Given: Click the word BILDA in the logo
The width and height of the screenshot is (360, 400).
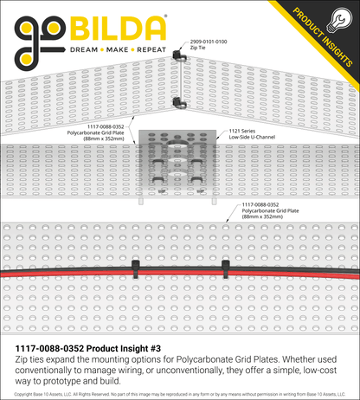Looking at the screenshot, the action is click(x=118, y=28).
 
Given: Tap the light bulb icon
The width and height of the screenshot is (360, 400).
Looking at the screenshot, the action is click(x=339, y=20).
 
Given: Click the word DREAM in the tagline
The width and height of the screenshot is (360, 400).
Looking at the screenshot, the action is click(x=84, y=50).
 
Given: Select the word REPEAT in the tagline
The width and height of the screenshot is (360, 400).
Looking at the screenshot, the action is click(x=151, y=50).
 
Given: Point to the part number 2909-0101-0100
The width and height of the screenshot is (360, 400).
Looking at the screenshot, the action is click(x=209, y=42).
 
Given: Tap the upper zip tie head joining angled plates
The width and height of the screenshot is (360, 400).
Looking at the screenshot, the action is click(x=179, y=55).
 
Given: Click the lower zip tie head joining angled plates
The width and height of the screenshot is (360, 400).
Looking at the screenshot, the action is click(x=179, y=103).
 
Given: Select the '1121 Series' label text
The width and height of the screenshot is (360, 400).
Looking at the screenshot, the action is click(x=241, y=131).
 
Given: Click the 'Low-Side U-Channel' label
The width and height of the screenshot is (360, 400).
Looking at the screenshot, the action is click(x=252, y=137).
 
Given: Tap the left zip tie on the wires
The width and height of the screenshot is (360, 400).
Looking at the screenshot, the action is click(x=135, y=269).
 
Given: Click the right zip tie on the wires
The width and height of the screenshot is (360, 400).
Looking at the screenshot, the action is click(x=225, y=269).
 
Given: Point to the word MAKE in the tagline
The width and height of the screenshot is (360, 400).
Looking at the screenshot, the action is click(x=117, y=50).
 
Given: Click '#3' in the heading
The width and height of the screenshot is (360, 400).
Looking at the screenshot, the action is click(x=155, y=349).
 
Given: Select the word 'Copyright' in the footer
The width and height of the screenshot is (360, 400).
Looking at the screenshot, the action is click(x=22, y=394).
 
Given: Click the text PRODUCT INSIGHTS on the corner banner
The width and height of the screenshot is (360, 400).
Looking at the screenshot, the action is click(x=323, y=37).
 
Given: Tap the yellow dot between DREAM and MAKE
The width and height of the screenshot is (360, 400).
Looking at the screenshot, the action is click(x=102, y=50).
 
